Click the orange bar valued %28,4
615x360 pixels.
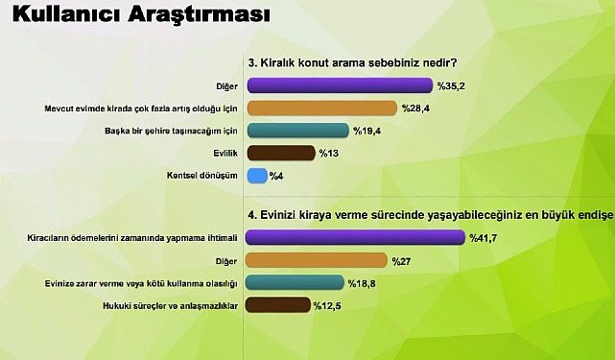(x=321, y=108)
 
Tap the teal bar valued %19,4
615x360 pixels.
(x=296, y=130)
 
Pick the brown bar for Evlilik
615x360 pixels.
(x=281, y=153)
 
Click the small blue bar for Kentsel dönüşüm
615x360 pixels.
(x=256, y=176)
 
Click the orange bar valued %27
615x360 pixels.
(x=317, y=260)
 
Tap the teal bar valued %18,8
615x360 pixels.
(x=296, y=283)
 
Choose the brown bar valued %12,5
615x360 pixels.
(x=279, y=305)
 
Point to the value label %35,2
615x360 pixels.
(x=452, y=85)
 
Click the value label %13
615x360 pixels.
(x=330, y=154)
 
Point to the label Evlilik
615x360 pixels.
(x=226, y=154)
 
